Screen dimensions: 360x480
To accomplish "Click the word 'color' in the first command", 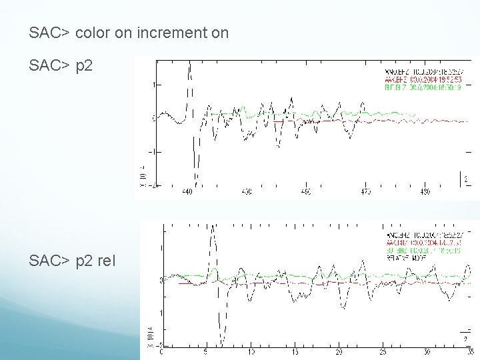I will pyautogui.click(x=93, y=32).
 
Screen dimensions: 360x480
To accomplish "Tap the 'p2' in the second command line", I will pyautogui.click(x=83, y=66).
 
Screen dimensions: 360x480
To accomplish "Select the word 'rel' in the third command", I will pyautogui.click(x=105, y=260).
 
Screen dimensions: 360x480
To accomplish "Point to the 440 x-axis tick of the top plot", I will pyautogui.click(x=187, y=192).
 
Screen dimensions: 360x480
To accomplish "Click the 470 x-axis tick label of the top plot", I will pyautogui.click(x=365, y=192).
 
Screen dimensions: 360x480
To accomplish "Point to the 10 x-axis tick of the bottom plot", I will pyautogui.click(x=251, y=351).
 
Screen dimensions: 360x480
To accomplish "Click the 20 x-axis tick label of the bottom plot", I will pyautogui.click(x=339, y=351).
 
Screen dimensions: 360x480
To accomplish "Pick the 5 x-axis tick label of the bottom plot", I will pyautogui.click(x=207, y=351).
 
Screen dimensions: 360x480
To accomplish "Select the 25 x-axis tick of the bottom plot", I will pyautogui.click(x=383, y=351).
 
